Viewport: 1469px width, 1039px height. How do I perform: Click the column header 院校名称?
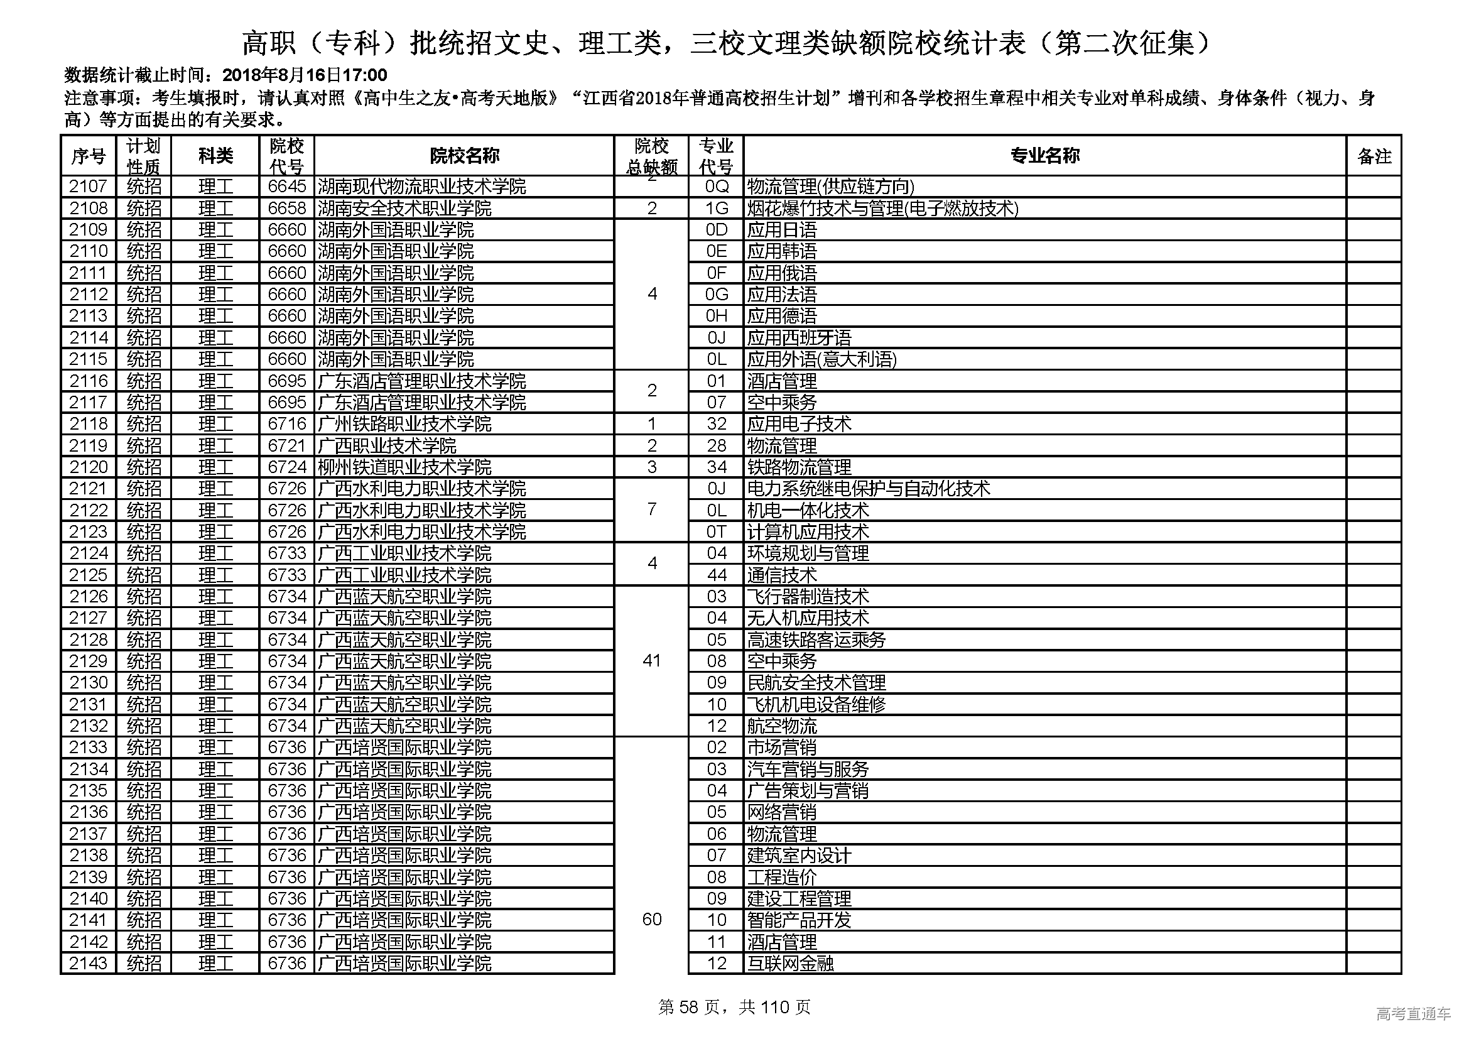point(464,155)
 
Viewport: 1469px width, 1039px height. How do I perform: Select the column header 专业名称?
point(1044,155)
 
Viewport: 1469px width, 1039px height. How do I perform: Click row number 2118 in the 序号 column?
point(89,423)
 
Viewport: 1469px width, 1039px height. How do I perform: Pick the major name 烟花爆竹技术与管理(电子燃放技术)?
point(882,208)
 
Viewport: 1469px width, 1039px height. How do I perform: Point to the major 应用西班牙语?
point(799,337)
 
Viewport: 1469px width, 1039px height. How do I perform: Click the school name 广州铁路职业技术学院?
point(405,423)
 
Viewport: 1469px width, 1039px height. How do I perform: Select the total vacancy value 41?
point(651,660)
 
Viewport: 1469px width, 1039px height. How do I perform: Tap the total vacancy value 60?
point(651,920)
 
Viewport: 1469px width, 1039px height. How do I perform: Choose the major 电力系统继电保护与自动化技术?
point(868,489)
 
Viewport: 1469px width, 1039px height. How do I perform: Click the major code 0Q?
point(716,186)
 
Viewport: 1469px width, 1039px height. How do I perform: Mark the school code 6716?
point(287,423)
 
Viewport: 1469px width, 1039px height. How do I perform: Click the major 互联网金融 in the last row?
point(790,963)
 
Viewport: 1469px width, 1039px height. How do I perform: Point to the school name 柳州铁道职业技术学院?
point(405,467)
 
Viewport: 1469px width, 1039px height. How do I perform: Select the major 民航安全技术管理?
point(816,683)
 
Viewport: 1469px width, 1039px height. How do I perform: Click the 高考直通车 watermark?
point(1413,1013)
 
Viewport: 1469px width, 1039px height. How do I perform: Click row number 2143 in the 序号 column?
point(89,963)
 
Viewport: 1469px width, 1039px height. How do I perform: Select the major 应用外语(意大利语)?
point(821,359)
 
